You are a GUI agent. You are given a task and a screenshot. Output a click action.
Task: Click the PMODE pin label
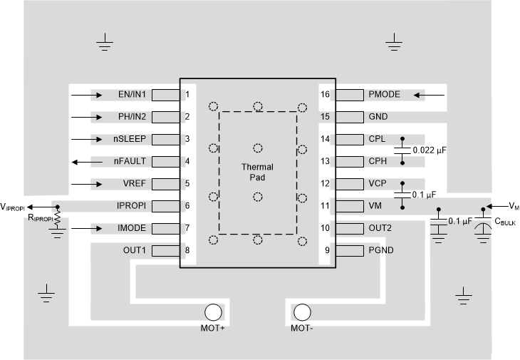pyautogui.click(x=385, y=94)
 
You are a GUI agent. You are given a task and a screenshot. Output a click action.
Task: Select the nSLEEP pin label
pyautogui.click(x=130, y=139)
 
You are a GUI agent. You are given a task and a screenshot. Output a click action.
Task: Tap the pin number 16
pyautogui.click(x=326, y=94)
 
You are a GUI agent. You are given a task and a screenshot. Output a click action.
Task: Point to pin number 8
pyautogui.click(x=187, y=250)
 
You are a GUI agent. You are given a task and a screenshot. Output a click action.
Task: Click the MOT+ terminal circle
pyautogui.click(x=213, y=312)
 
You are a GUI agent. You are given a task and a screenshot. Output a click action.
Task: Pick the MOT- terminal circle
pyautogui.click(x=302, y=312)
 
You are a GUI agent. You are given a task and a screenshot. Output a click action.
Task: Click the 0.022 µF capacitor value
pyautogui.click(x=430, y=150)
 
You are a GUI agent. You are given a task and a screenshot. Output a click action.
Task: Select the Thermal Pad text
pyautogui.click(x=257, y=172)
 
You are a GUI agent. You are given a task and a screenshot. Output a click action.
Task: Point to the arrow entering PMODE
pyautogui.click(x=430, y=94)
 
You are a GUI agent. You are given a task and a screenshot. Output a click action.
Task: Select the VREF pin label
pyautogui.click(x=134, y=183)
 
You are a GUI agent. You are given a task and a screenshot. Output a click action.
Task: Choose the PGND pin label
pyautogui.click(x=382, y=250)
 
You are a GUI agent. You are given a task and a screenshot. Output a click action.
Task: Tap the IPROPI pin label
pyautogui.click(x=132, y=206)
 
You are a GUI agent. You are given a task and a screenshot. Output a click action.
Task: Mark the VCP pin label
pyautogui.click(x=378, y=183)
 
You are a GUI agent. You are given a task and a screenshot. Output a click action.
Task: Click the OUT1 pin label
pyautogui.click(x=134, y=250)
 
